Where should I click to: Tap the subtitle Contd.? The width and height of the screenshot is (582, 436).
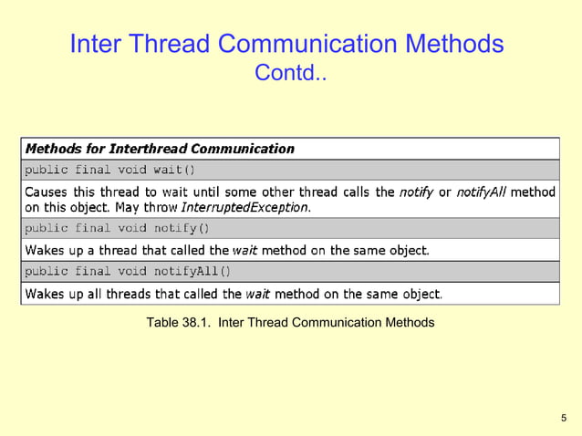(x=290, y=72)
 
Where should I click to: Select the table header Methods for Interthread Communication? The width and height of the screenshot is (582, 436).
(x=160, y=148)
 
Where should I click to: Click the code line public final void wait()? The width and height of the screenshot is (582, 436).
(x=109, y=169)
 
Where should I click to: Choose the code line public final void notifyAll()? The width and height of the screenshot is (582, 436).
(x=128, y=271)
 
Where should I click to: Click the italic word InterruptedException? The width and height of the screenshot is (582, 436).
(x=259, y=207)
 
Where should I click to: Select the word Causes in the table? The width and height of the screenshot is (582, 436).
(x=47, y=192)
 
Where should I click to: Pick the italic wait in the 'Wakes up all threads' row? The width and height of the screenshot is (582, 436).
(x=257, y=294)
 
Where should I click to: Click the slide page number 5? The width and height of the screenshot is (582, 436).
(x=563, y=418)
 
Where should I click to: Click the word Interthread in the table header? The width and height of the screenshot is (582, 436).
(x=148, y=148)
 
